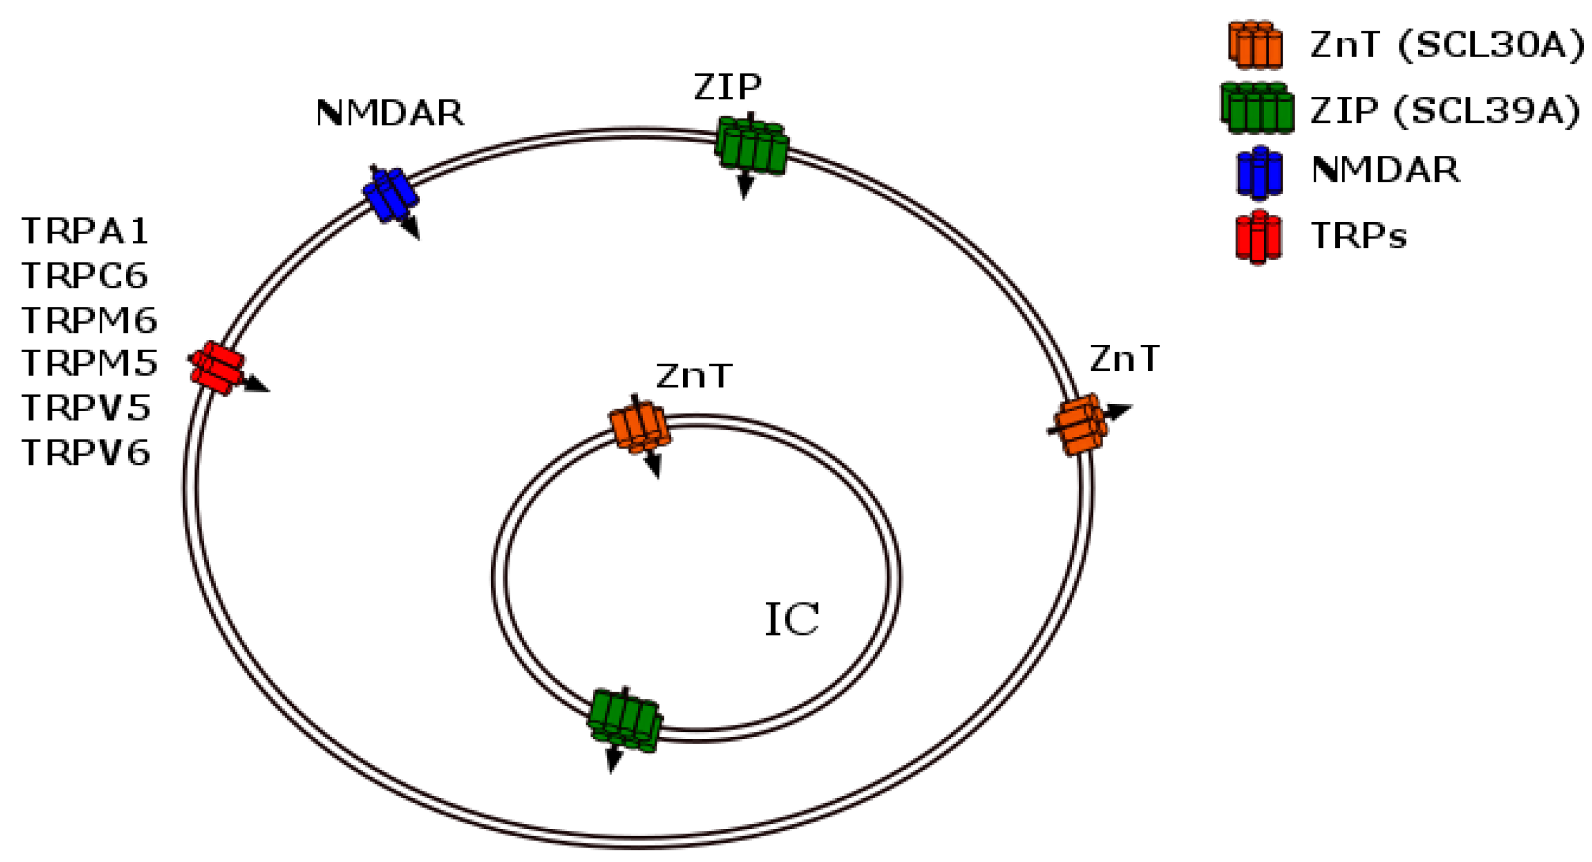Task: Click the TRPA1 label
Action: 85,231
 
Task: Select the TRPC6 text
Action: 85,276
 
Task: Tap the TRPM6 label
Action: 90,320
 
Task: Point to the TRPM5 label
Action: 90,363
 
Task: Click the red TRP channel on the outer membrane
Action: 217,368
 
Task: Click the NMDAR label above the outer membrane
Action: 389,113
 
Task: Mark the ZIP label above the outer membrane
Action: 728,87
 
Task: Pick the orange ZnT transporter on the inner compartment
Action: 640,427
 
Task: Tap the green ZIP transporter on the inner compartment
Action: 624,721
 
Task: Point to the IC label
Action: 791,619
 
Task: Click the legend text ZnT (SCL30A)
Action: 1447,45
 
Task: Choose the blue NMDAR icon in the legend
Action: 1260,173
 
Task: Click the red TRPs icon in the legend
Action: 1259,237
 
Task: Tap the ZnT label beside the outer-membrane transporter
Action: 1125,359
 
